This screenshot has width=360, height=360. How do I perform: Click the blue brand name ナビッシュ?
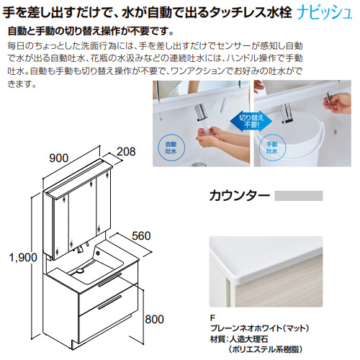(x=325, y=13)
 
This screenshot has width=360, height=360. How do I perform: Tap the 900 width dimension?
(x=59, y=158)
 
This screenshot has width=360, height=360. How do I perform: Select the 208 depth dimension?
(x=126, y=152)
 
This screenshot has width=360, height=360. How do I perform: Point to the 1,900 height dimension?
(x=23, y=258)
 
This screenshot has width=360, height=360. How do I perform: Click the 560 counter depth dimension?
(x=141, y=236)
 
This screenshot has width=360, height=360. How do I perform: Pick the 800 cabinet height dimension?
(x=154, y=320)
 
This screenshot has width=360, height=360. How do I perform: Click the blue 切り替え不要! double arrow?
(x=251, y=121)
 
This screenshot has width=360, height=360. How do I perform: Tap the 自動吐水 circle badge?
(x=171, y=148)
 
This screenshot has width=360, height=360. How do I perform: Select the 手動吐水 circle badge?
(x=272, y=148)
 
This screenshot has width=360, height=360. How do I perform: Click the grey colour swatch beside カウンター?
(x=299, y=196)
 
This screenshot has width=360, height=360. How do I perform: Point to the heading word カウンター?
(x=240, y=196)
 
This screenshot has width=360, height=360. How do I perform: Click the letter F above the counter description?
(x=212, y=318)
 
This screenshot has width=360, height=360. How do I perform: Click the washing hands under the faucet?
(x=209, y=135)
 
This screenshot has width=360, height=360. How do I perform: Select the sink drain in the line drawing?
(x=79, y=271)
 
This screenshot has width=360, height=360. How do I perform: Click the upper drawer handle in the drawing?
(x=109, y=279)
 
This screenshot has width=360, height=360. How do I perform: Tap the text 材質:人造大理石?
(x=239, y=339)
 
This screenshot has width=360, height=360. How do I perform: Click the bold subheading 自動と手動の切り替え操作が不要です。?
(x=91, y=31)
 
